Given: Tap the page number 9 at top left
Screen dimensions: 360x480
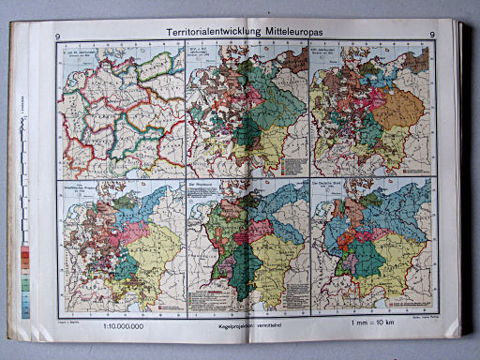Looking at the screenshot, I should (x=58, y=36).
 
